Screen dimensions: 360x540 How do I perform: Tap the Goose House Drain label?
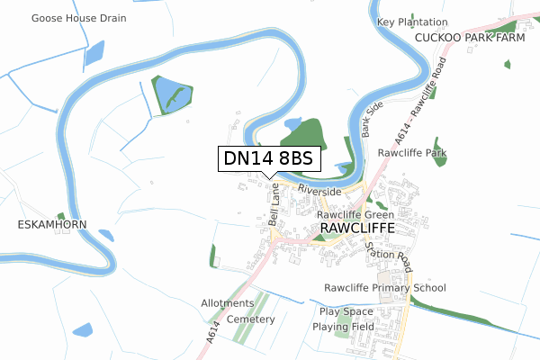(78, 18)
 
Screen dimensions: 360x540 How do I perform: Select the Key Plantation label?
(412, 22)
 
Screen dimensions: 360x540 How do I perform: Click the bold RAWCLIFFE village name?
(358, 230)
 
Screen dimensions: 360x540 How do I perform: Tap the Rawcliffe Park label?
(412, 153)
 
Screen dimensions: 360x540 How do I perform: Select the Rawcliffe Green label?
(355, 216)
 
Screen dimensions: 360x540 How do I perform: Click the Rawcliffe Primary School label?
(385, 288)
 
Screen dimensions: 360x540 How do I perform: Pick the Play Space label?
(346, 311)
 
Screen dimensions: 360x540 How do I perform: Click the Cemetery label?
(250, 319)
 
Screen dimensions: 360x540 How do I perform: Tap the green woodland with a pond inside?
(171, 94)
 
